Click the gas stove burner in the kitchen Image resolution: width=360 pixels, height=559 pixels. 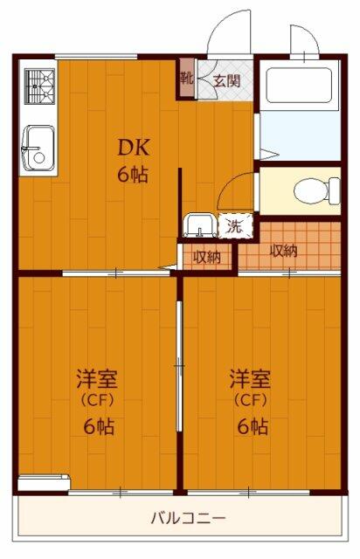[x=38, y=85]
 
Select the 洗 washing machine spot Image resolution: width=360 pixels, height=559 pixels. [x=234, y=225]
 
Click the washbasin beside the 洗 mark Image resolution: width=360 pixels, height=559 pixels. [x=199, y=226]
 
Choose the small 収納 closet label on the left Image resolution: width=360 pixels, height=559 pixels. [x=206, y=257]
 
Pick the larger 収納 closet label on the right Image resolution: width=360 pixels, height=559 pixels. [x=282, y=252]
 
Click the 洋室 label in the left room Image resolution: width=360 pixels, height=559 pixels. [x=97, y=381]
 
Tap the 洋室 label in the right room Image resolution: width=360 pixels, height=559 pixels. [x=250, y=381]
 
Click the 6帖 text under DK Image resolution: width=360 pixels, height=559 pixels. [x=133, y=173]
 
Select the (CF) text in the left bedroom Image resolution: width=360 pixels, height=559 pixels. [x=97, y=403]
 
